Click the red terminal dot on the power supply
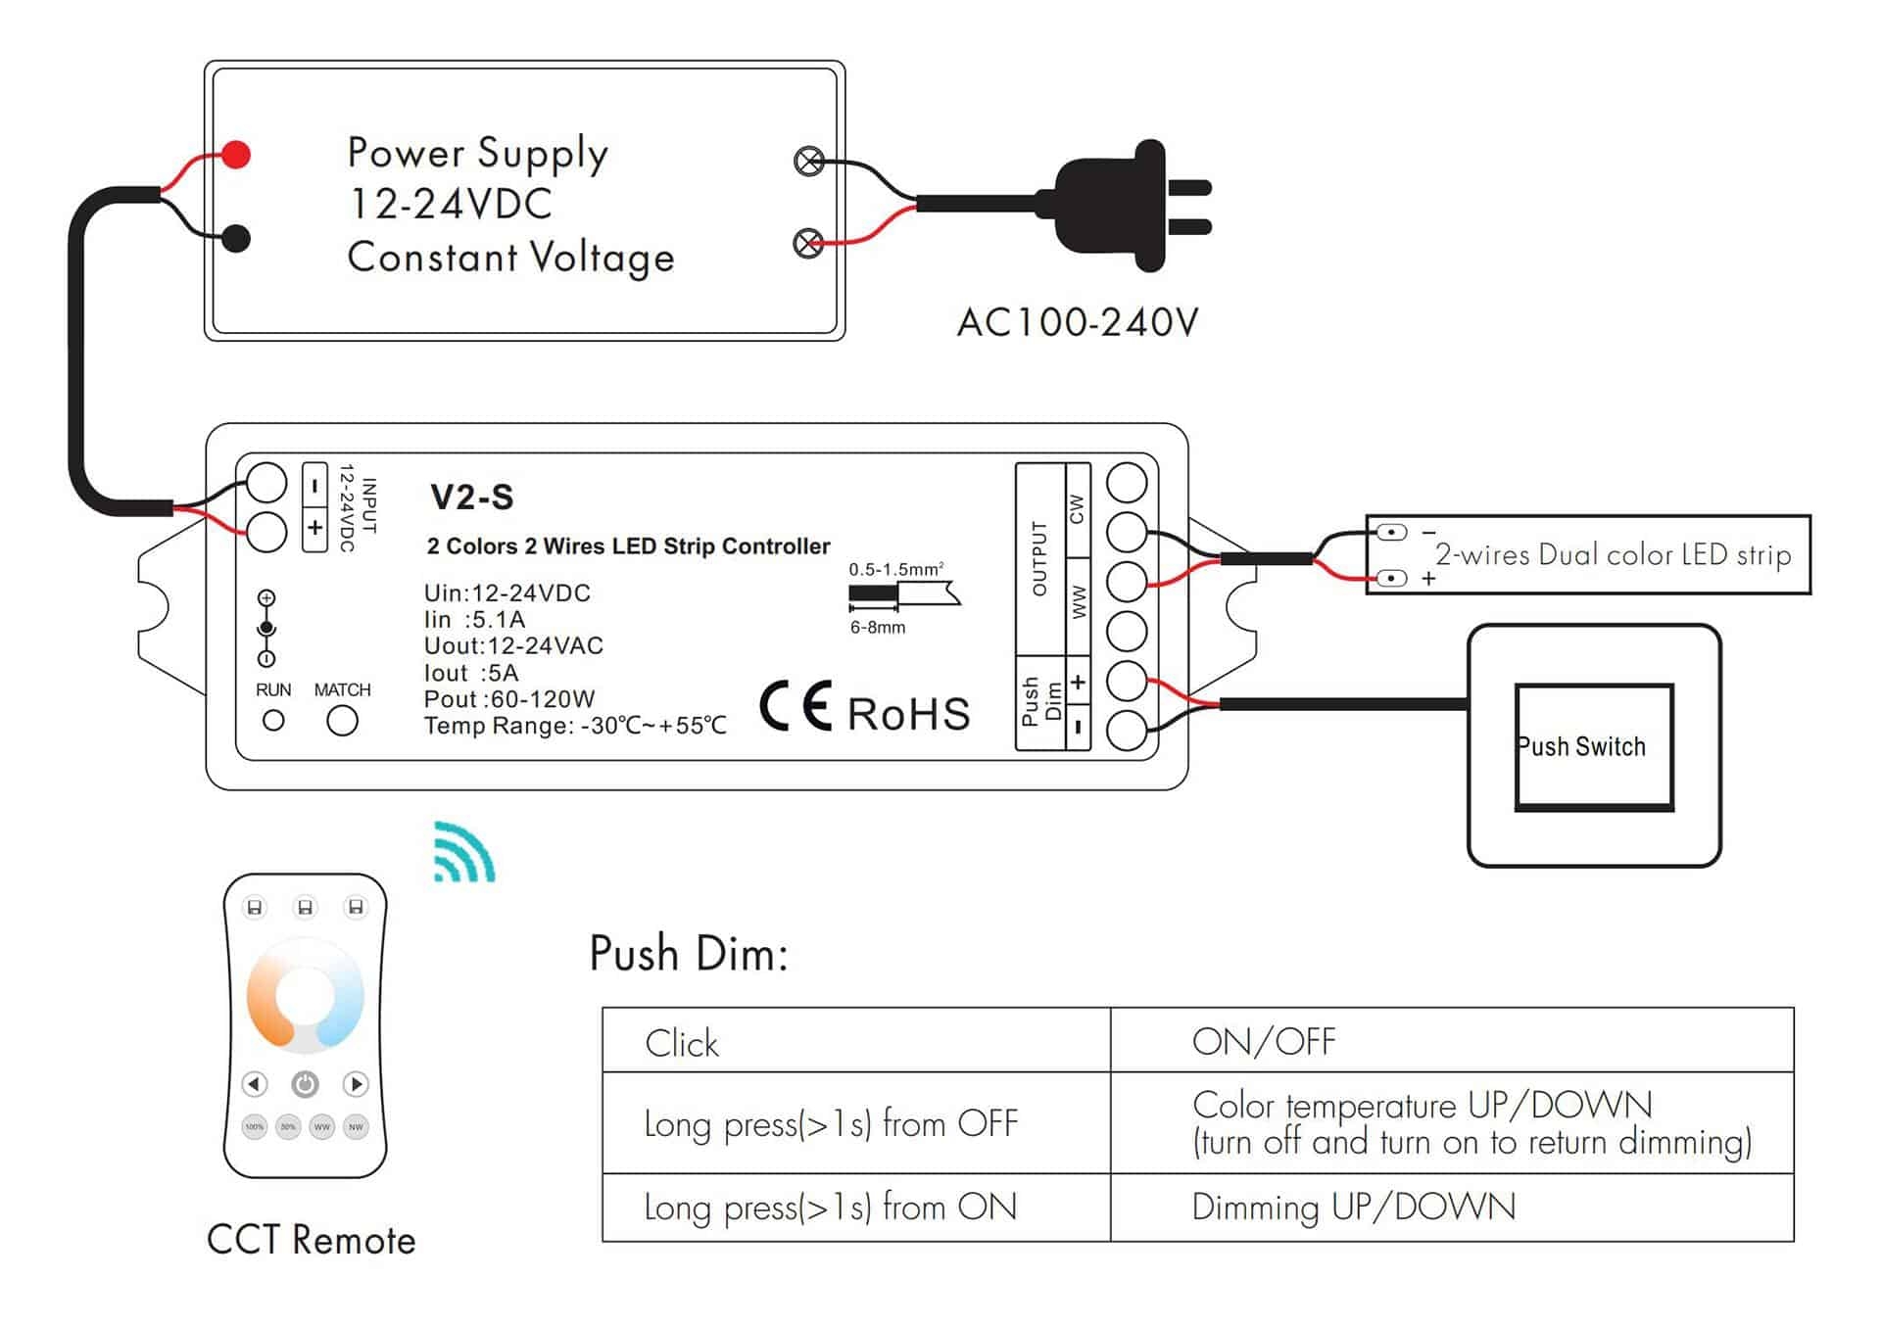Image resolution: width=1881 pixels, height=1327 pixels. (x=236, y=154)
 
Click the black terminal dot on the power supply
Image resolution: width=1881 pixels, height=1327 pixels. (x=236, y=238)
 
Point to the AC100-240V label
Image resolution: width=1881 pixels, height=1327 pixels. (x=1077, y=322)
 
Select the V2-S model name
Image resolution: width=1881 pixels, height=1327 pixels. (x=471, y=498)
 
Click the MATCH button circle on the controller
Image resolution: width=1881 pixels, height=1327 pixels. (x=342, y=722)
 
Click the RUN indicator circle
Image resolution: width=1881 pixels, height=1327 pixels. (x=273, y=722)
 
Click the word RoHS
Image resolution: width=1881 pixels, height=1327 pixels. (x=908, y=714)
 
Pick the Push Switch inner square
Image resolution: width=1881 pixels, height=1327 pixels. (x=1593, y=747)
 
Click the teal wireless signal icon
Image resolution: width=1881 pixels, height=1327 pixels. (x=464, y=852)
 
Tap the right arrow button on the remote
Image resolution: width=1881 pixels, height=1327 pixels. (x=356, y=1084)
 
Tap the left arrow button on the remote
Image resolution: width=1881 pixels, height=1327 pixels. (x=255, y=1084)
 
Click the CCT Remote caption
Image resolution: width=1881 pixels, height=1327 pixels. (x=311, y=1240)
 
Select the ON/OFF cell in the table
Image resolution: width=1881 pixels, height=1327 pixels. (x=1263, y=1041)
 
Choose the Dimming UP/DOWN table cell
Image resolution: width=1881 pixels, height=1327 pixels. (x=1353, y=1207)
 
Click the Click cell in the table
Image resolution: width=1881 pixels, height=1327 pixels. (x=682, y=1043)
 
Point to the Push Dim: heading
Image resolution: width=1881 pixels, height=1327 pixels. (x=688, y=953)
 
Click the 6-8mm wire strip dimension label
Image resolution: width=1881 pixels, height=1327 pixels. (x=877, y=628)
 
